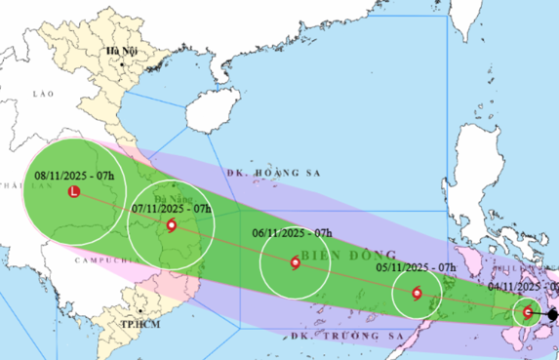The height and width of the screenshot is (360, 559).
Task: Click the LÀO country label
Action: (x=40, y=91)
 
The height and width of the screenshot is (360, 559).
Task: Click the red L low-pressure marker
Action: (x=74, y=193)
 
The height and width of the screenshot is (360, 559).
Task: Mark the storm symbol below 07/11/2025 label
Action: (x=173, y=226)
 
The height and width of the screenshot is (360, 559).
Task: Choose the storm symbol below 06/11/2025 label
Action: (x=296, y=261)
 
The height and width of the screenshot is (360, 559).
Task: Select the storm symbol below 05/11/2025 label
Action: (x=418, y=293)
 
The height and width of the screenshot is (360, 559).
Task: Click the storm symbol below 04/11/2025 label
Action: (x=528, y=312)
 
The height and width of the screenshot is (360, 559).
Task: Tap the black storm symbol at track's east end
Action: (x=552, y=315)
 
